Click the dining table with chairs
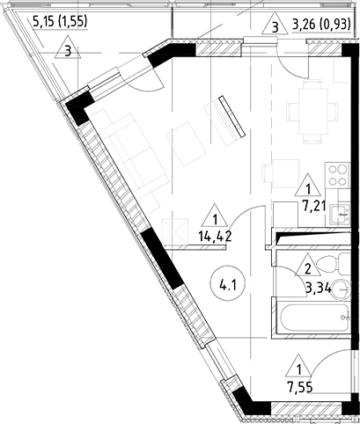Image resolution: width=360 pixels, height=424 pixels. click(312, 111)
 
